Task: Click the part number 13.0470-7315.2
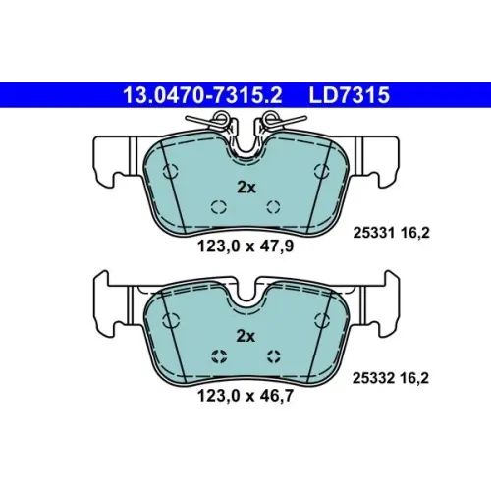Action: [202, 95]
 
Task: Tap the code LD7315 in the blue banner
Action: [349, 95]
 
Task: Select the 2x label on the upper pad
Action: [246, 188]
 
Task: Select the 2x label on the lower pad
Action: [245, 336]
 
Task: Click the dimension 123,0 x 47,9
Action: [245, 246]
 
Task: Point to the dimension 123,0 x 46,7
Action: [245, 396]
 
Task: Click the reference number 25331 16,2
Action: [391, 233]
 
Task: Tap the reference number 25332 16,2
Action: [391, 378]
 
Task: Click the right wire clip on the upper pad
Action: [278, 124]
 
